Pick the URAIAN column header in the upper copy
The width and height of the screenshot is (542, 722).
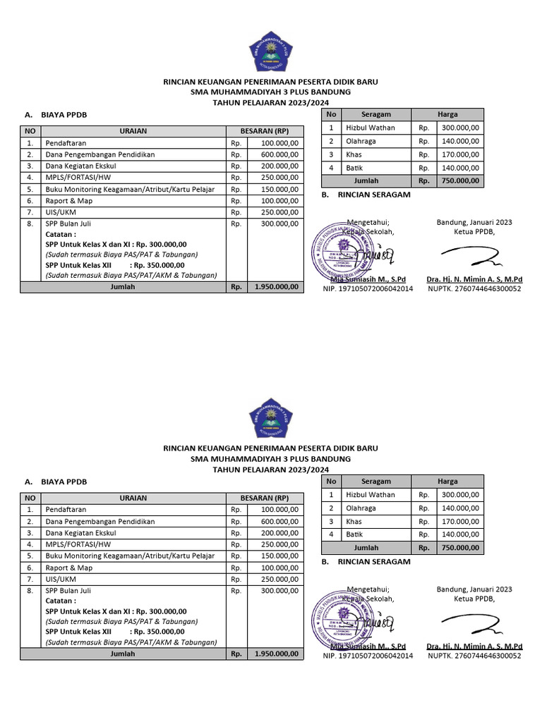coord(133,131)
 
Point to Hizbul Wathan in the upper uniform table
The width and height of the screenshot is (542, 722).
coord(370,128)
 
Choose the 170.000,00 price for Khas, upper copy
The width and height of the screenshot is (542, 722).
coord(460,154)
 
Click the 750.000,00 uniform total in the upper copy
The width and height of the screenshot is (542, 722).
coord(459,180)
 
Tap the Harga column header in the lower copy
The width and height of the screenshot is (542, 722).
coord(447,482)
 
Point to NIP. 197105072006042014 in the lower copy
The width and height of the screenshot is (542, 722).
coord(368,656)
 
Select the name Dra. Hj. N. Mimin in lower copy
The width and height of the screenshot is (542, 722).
coord(474,646)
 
